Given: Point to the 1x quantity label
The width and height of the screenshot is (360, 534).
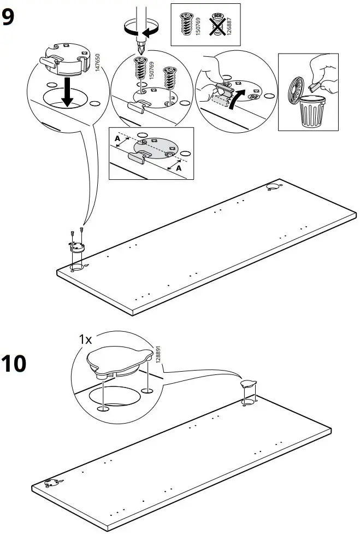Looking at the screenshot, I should coord(85,340).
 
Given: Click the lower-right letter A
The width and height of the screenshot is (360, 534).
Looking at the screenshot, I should coord(179,168).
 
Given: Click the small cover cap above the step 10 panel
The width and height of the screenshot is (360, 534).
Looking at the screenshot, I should coord(249,384).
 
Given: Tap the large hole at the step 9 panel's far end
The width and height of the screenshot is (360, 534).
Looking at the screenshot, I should coord(272,189).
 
